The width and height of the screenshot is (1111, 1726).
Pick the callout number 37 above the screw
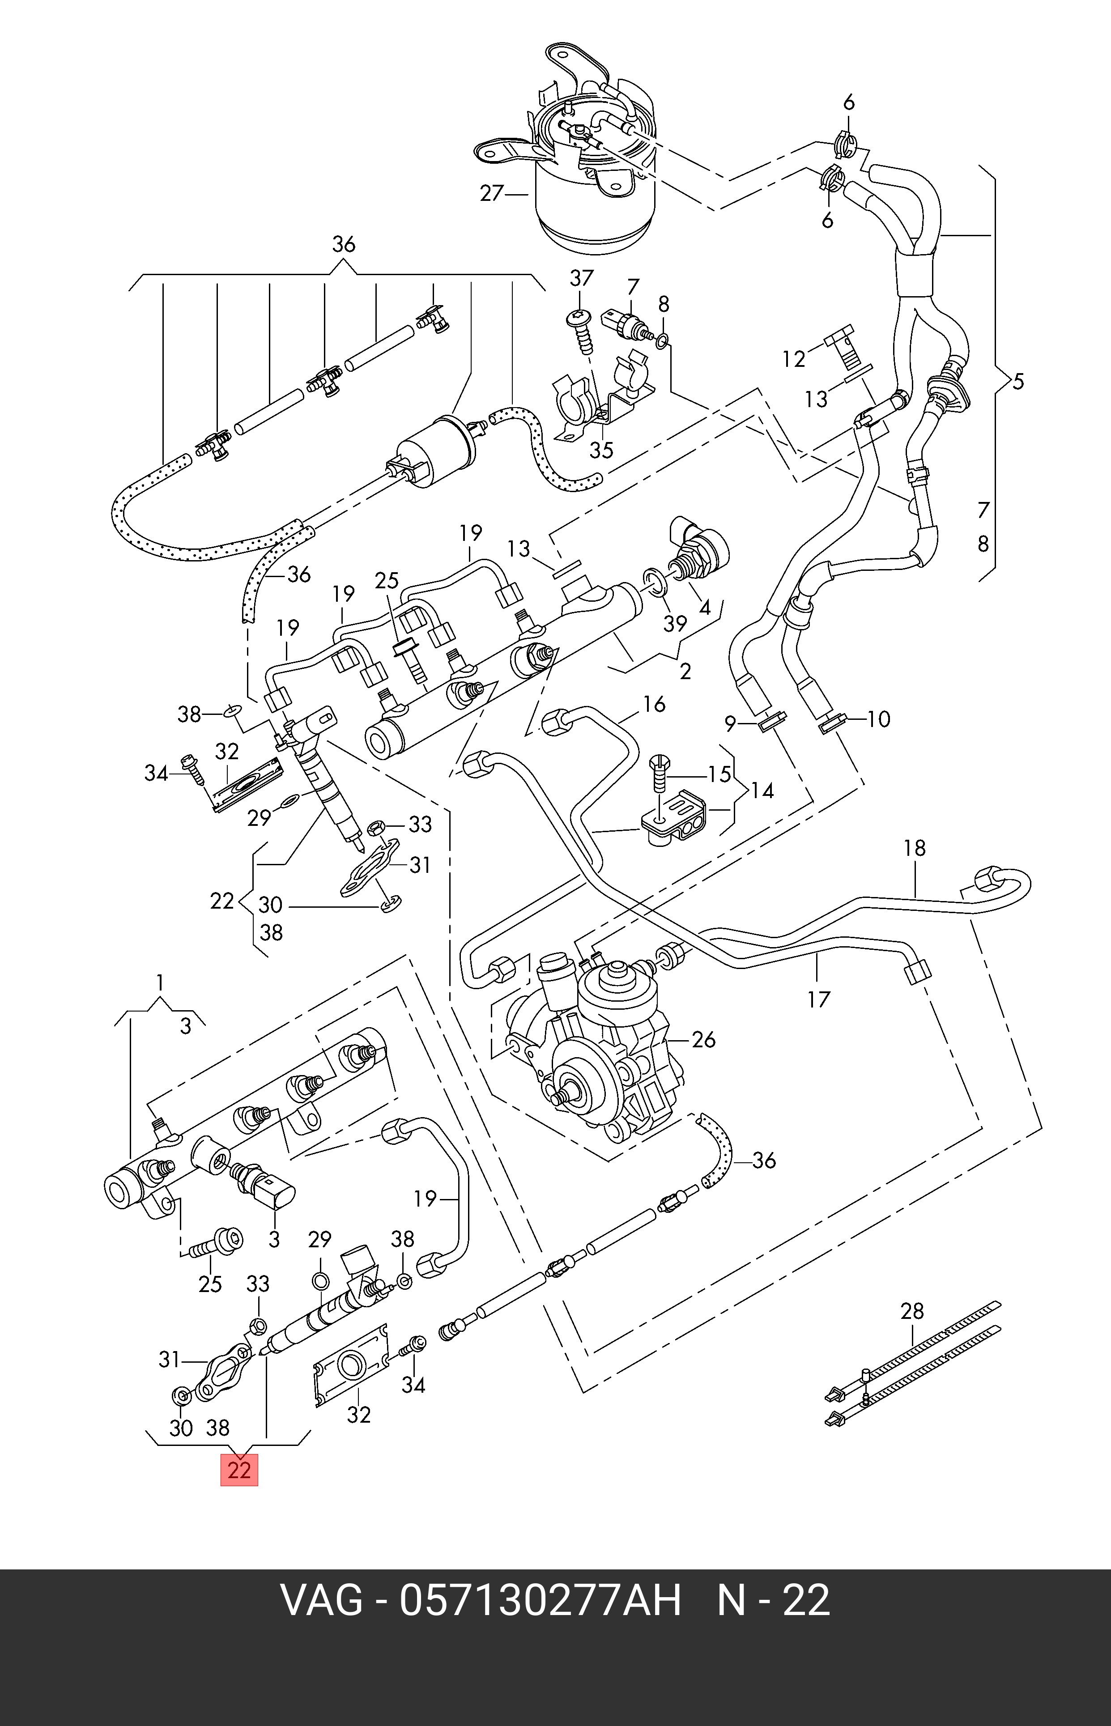click(581, 278)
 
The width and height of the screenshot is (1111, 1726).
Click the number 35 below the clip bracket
click(601, 450)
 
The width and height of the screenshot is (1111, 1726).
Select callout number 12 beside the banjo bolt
click(794, 358)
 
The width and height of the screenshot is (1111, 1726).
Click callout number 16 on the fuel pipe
click(654, 704)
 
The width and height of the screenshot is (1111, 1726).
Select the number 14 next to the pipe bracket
click(762, 791)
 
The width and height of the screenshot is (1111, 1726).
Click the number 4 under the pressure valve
click(705, 607)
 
